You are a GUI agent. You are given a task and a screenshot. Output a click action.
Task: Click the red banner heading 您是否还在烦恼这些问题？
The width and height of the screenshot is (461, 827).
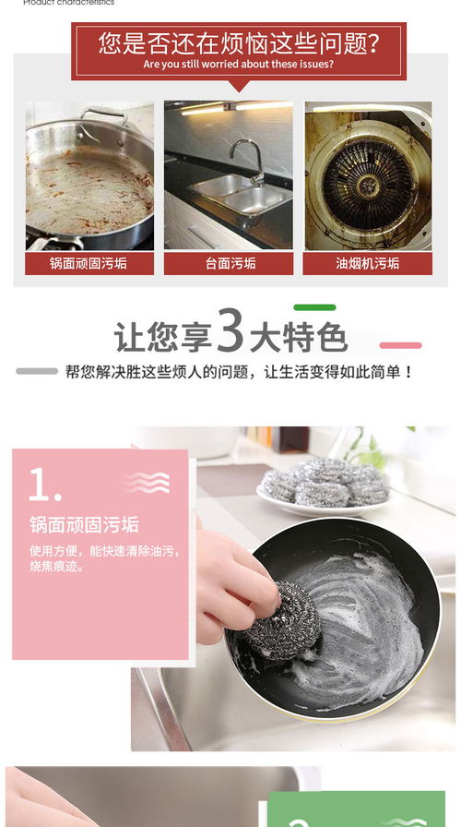(x=238, y=42)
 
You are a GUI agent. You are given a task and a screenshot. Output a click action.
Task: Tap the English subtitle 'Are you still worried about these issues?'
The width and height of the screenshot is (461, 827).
(x=238, y=65)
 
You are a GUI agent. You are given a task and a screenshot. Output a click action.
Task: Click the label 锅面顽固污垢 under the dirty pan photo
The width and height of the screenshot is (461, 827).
(x=89, y=263)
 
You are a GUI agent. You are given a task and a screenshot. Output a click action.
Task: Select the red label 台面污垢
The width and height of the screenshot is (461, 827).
(x=229, y=263)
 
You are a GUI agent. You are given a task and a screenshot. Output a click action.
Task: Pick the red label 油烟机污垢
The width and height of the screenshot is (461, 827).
(x=368, y=263)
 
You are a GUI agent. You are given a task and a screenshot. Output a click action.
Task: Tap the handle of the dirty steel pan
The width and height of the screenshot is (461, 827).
(x=103, y=114)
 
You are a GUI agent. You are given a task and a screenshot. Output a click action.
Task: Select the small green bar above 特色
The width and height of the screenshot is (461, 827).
(x=314, y=307)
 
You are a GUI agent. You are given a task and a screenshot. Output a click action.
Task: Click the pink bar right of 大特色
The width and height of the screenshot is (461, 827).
(x=400, y=345)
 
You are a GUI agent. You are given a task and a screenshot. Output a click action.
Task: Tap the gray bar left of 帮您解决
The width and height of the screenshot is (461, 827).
(x=37, y=371)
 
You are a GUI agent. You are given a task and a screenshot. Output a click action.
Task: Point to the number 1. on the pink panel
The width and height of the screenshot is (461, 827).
(x=45, y=485)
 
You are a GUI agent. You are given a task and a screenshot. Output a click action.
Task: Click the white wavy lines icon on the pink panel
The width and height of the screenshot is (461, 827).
(x=146, y=482)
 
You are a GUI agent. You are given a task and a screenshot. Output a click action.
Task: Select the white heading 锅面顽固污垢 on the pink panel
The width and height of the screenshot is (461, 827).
(x=84, y=525)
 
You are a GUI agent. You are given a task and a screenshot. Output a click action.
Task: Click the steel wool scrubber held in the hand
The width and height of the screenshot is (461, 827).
(x=287, y=621)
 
